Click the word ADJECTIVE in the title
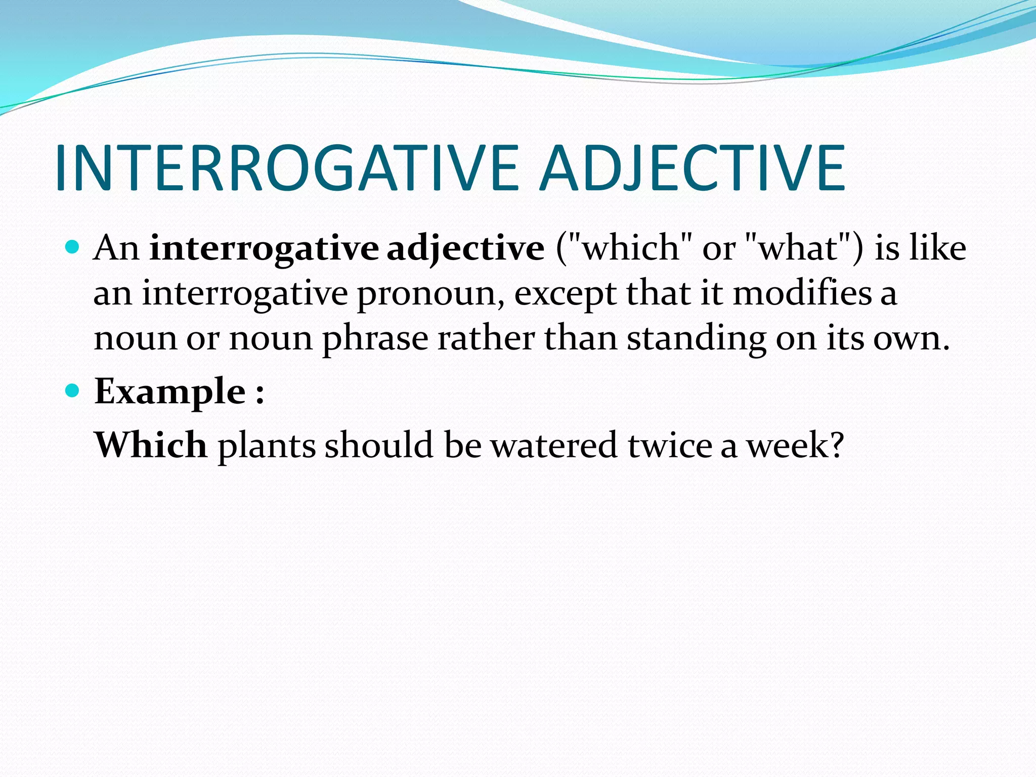click(692, 168)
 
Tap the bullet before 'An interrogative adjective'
click(73, 247)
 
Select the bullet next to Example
click(73, 391)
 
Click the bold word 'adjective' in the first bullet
click(465, 249)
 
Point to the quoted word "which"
click(630, 248)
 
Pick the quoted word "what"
click(799, 248)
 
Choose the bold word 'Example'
click(170, 392)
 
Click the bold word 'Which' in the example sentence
click(151, 445)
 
